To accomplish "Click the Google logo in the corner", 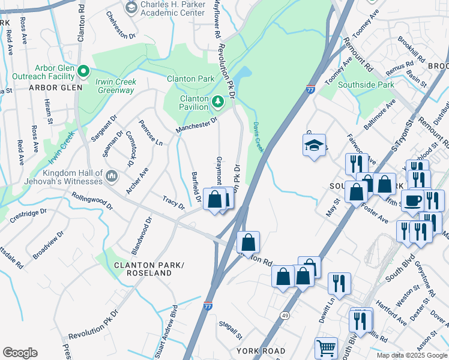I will click(20, 353).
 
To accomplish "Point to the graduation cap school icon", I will click(314, 146).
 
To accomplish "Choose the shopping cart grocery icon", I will click(326, 347).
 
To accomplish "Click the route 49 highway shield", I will click(285, 315).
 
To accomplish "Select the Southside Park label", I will click(366, 85).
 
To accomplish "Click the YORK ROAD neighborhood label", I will click(261, 350).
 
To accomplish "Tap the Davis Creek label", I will click(258, 137).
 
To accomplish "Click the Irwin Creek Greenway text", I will click(116, 86).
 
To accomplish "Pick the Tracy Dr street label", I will click(174, 202).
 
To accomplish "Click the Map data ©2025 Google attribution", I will click(411, 355).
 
